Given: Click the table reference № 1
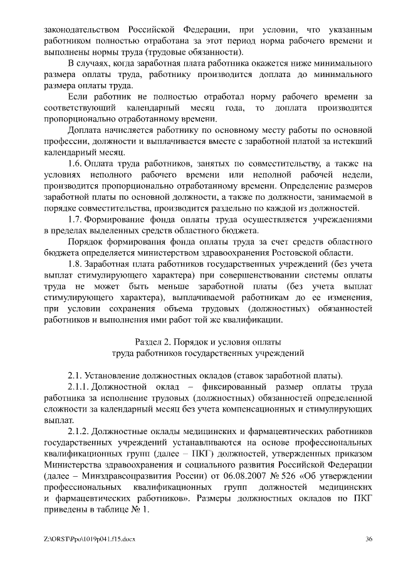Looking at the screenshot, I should tap(142, 509).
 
